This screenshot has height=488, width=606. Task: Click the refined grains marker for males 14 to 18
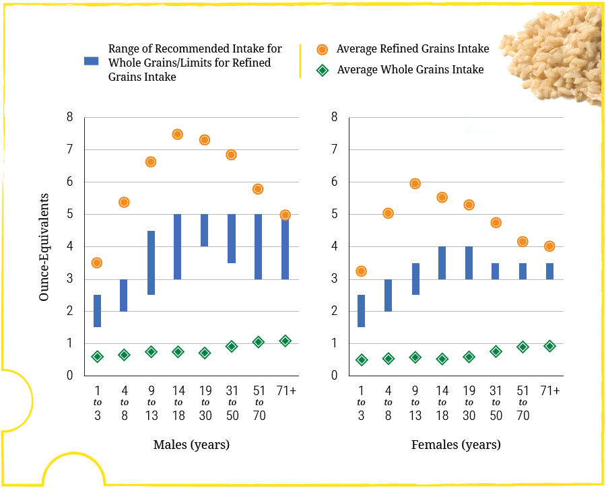(x=178, y=134)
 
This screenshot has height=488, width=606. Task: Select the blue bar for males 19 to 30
(x=205, y=230)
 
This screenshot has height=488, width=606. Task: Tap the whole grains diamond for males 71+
(x=285, y=341)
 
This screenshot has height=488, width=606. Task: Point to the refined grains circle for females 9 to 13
(x=415, y=184)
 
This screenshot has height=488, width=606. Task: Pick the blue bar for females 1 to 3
(x=361, y=311)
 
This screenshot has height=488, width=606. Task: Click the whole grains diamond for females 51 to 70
(x=523, y=347)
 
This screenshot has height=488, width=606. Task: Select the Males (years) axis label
(x=191, y=445)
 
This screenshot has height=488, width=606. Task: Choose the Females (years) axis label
(x=456, y=445)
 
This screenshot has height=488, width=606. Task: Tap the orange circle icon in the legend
(x=323, y=49)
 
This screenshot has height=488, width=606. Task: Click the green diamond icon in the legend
(x=323, y=69)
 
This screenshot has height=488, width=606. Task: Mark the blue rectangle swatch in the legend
(x=91, y=61)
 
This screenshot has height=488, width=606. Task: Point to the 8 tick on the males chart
(x=69, y=117)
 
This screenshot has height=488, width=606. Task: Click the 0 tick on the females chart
(x=334, y=376)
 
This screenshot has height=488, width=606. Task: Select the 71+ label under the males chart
(x=285, y=390)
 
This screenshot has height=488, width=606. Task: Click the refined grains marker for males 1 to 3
(x=97, y=263)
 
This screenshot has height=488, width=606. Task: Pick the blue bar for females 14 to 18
(x=442, y=263)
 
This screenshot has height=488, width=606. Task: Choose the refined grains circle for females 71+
(x=549, y=246)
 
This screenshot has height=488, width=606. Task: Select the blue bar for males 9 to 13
(x=151, y=263)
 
